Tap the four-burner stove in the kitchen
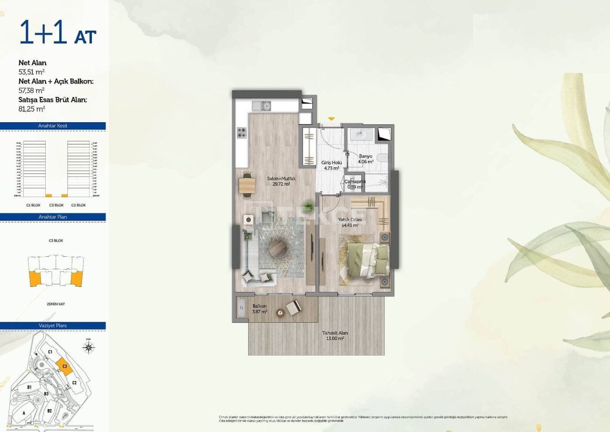242,132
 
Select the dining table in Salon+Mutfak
247,184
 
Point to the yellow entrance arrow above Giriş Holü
331,118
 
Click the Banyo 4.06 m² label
366,159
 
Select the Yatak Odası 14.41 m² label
350,222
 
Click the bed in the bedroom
365,260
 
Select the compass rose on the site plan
88,347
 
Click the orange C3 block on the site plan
64,367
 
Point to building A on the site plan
23,413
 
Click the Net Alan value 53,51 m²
31,72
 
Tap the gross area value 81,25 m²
31,108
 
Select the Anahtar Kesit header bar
52,126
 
